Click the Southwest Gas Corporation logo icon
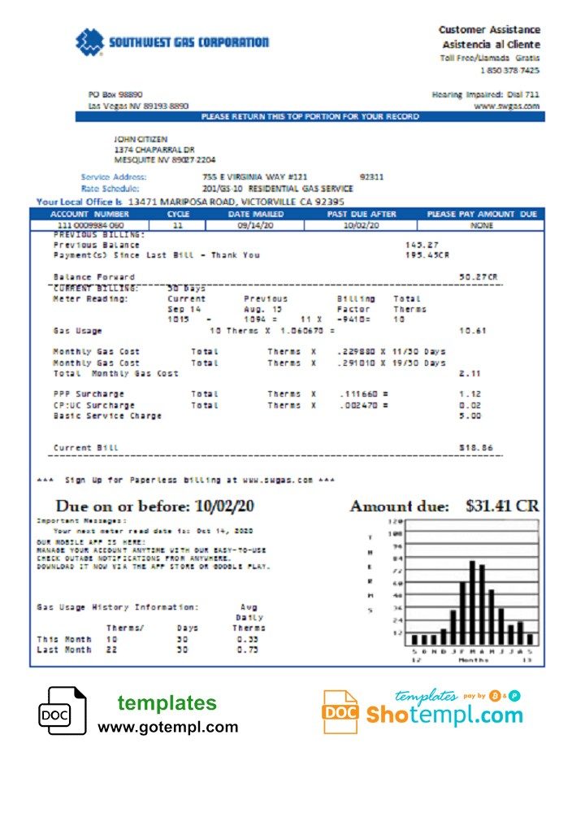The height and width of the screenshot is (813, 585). pos(89,42)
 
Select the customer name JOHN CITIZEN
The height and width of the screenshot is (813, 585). pos(141,139)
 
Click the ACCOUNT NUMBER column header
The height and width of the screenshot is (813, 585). pos(78,214)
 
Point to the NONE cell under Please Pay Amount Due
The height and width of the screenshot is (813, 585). pos(482,224)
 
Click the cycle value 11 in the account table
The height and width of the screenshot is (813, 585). pos(178,224)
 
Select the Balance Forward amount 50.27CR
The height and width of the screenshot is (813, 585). pos(479,277)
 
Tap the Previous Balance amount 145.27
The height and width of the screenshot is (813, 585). pos(422,245)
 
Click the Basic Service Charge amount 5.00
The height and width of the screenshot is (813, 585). pos(470,415)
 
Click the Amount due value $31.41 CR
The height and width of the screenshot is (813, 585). pos(501,506)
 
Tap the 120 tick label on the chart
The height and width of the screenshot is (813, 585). pos(396,521)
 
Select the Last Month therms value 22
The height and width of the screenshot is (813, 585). pos(111,650)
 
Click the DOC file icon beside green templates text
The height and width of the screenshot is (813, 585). pos(62,711)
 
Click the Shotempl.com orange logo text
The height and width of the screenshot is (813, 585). pos(443,715)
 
